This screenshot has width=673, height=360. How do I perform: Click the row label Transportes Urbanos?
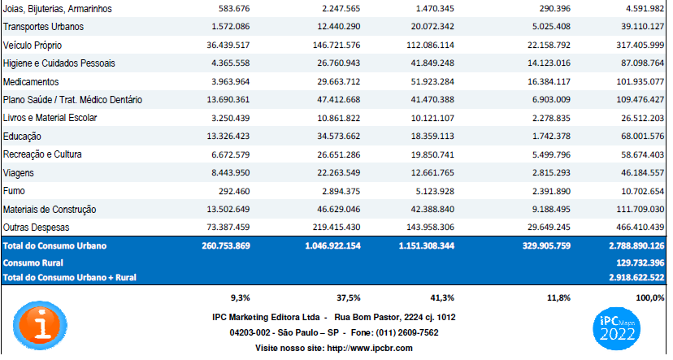tap(43, 27)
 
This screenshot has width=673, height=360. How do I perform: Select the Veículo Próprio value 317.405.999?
tap(640, 45)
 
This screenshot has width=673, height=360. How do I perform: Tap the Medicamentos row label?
tap(31, 81)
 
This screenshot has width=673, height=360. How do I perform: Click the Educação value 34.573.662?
tap(339, 136)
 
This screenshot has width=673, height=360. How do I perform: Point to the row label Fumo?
tap(14, 191)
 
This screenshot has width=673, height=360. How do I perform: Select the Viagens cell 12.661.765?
tap(432, 172)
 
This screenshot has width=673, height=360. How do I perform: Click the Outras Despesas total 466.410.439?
tap(640, 227)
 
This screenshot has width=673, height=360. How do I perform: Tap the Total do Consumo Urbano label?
tap(55, 246)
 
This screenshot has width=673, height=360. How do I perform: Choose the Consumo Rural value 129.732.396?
tap(640, 262)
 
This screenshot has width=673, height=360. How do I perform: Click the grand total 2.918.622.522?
tap(636, 277)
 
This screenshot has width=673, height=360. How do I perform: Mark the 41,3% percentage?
tap(442, 297)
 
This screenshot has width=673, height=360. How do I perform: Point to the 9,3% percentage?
tap(241, 297)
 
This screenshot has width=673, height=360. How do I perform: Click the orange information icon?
tap(41, 325)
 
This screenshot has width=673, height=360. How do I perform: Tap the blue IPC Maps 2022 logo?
tap(616, 328)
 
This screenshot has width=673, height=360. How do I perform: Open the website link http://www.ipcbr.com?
tap(370, 348)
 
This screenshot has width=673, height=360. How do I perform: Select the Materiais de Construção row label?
tap(50, 210)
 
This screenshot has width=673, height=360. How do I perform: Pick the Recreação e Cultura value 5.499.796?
tap(552, 154)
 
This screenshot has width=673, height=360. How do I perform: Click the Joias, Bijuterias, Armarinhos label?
tap(58, 9)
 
